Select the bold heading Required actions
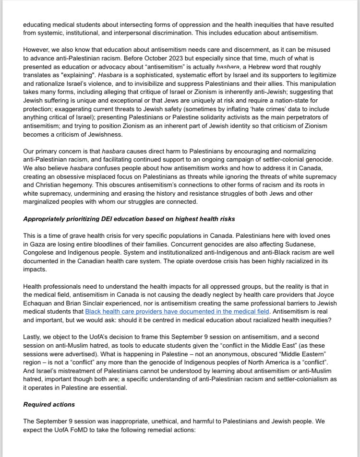[49, 404]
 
